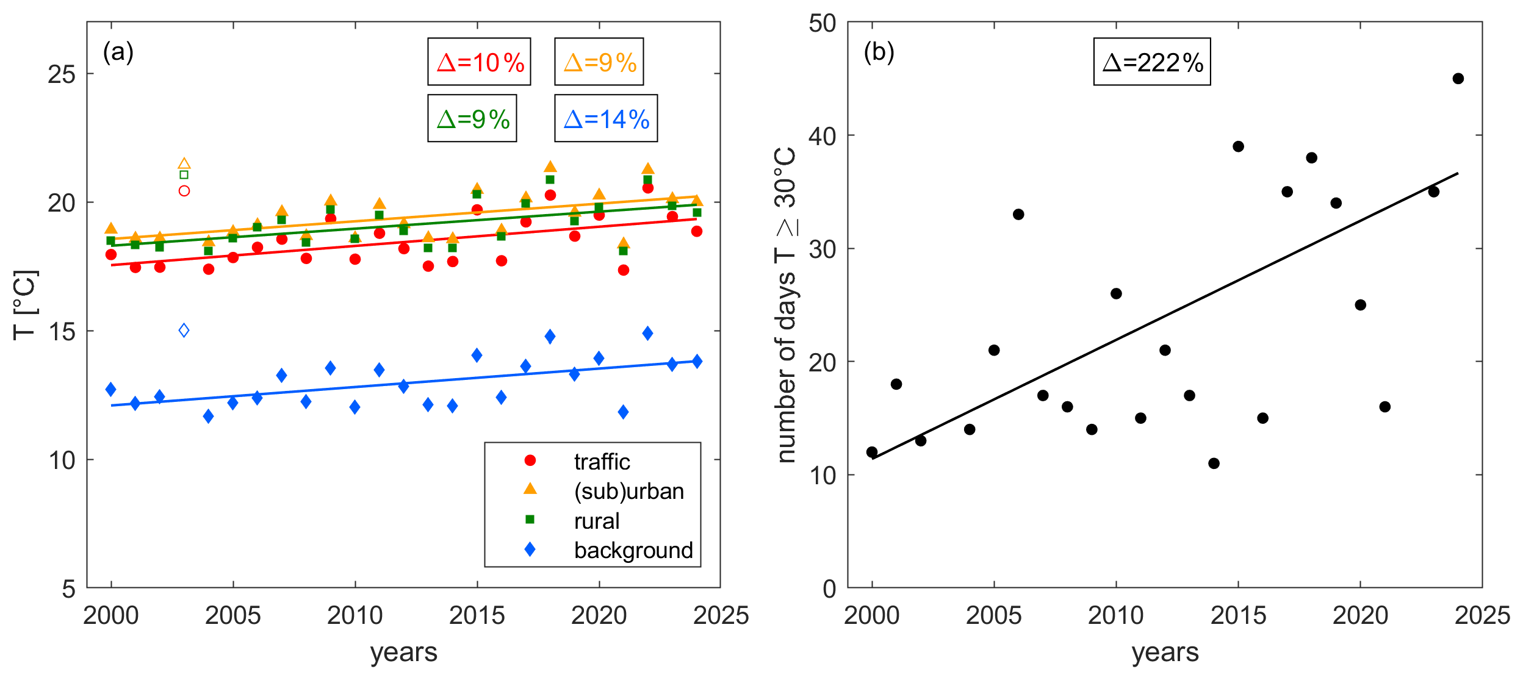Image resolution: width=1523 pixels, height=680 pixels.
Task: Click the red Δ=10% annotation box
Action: (479, 62)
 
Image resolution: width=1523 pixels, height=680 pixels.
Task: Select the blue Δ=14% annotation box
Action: (605, 118)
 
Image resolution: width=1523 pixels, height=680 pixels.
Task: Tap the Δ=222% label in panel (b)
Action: (1151, 62)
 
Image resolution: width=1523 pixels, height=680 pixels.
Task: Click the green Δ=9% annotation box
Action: (472, 118)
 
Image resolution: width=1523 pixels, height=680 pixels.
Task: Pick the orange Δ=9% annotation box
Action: (599, 62)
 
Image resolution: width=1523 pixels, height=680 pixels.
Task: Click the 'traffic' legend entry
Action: (601, 462)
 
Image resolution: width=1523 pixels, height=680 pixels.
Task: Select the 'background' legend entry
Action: (633, 550)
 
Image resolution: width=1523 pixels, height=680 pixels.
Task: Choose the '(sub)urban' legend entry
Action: (628, 491)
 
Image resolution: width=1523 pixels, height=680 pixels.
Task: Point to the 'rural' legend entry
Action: (596, 521)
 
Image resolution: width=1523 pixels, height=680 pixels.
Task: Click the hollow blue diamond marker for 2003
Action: (184, 331)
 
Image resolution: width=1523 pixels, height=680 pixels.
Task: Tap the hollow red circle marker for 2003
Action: (184, 191)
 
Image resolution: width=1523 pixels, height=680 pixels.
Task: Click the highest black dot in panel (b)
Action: (1458, 79)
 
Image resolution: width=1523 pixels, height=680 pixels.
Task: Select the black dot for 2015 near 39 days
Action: (1238, 146)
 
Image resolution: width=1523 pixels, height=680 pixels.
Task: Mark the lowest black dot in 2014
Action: (1214, 463)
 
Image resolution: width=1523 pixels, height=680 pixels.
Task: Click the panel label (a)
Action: (118, 52)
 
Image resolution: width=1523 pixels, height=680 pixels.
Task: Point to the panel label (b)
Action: (879, 52)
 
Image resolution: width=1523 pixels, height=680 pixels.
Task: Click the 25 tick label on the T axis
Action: (62, 74)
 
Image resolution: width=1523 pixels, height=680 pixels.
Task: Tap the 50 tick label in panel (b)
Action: (822, 23)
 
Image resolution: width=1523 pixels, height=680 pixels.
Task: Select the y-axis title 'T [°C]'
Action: (26, 305)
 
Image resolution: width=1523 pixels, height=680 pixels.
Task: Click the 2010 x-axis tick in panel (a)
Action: (355, 616)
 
